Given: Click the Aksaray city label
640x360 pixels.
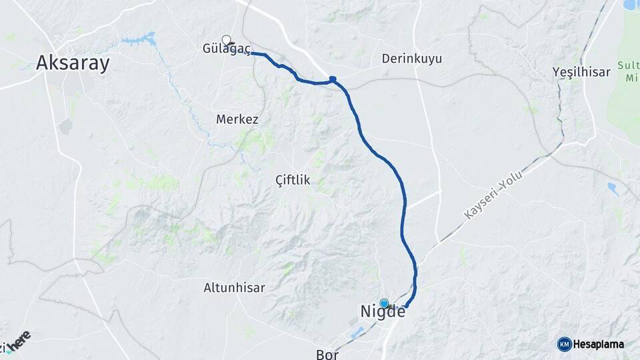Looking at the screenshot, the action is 73,63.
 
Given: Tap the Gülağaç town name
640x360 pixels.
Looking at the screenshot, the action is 227,49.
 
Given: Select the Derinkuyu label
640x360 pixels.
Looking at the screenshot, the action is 411,59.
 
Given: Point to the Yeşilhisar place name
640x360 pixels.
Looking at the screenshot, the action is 581,72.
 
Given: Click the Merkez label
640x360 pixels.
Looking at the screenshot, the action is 237,119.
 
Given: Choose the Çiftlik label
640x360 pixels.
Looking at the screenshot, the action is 293,179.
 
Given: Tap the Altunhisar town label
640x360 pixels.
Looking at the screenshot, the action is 234,288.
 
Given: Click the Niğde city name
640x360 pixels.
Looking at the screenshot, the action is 383,311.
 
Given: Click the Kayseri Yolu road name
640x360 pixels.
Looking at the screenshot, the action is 493,194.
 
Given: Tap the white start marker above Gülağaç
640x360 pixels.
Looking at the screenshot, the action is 227,39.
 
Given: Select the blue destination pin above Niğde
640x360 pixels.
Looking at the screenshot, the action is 384,303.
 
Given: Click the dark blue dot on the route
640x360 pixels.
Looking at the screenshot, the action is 333,79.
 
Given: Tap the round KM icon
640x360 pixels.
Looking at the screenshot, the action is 564,344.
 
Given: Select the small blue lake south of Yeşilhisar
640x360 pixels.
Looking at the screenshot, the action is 612,189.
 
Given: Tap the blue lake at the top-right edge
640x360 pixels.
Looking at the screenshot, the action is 630,5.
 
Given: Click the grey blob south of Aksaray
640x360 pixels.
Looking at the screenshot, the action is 65,127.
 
